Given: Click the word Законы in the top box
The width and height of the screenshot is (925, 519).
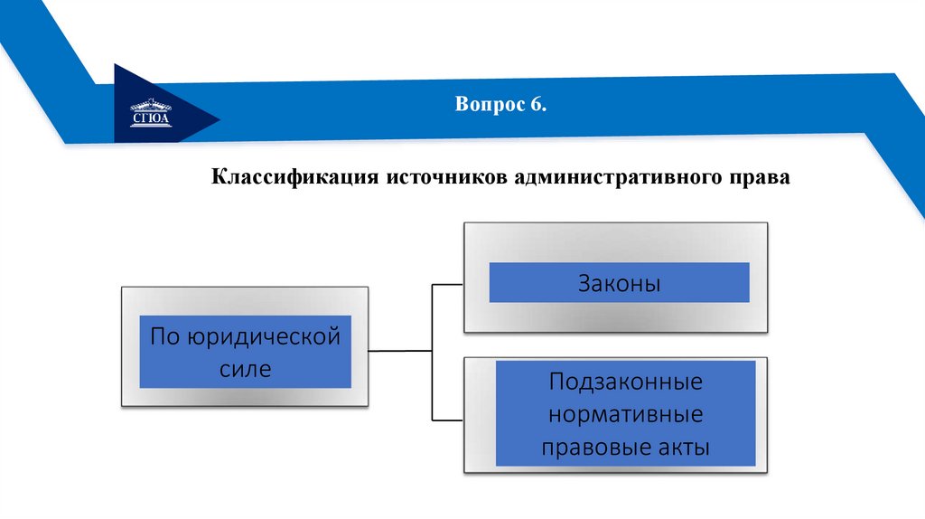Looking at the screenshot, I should coord(620,284).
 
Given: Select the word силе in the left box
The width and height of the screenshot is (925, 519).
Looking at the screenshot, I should coord(245,369).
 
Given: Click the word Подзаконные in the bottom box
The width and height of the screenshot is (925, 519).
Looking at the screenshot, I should coord(625,381).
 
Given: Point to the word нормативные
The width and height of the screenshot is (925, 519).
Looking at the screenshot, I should coord(625,414).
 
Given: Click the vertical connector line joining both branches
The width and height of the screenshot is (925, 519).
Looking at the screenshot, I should coord(433,353).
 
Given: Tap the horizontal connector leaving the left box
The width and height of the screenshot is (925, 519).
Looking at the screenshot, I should coord(401,349).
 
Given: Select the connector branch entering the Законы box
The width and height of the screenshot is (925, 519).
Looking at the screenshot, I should coord(448,284).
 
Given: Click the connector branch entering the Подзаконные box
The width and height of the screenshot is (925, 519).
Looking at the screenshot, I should coord(448,420).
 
